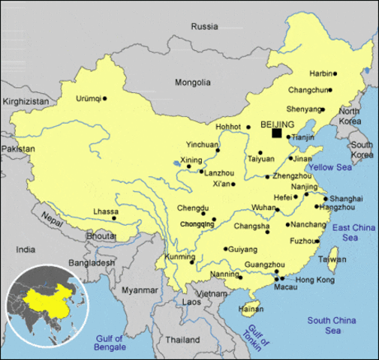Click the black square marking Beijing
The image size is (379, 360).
[x=277, y=133]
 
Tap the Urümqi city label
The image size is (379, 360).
[x=88, y=98]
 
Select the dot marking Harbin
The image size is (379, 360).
[x=335, y=73]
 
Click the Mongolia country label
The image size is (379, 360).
[x=193, y=82]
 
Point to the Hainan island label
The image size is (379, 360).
[x=249, y=308]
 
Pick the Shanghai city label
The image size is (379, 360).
[x=346, y=198]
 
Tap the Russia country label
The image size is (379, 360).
[x=204, y=26]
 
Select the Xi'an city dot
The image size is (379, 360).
[x=233, y=184]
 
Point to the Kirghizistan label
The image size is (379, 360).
[x=26, y=101]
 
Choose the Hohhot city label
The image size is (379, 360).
[x=228, y=127]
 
